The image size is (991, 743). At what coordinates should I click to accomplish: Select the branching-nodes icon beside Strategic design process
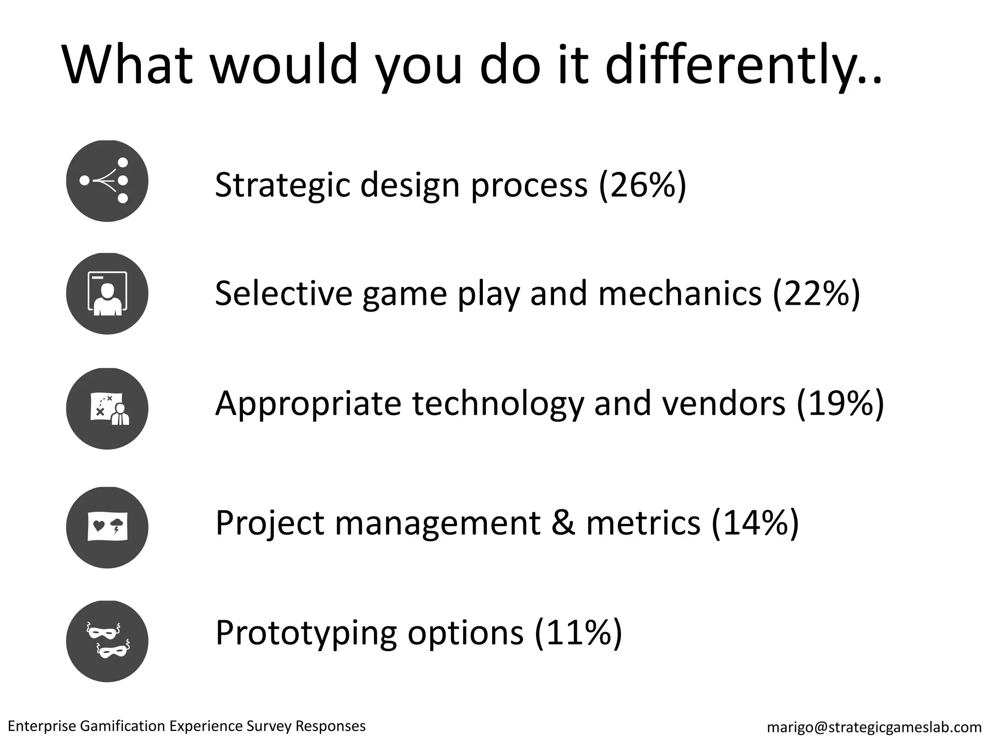107,181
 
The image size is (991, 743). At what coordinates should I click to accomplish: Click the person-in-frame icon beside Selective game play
107,294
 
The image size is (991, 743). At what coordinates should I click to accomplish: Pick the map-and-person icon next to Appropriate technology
107,409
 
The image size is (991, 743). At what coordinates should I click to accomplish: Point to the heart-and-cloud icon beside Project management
107,527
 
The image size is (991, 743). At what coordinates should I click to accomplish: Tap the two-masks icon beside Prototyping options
107,641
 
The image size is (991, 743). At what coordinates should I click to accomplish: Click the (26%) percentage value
643,185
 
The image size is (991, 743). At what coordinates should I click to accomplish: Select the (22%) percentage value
816,294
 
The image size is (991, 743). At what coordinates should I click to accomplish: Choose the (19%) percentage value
841,404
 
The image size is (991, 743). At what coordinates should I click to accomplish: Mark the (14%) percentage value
755,523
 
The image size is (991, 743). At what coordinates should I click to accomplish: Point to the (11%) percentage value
578,632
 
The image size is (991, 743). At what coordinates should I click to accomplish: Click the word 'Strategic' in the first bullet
282,185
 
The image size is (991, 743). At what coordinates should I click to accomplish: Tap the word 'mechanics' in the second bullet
680,294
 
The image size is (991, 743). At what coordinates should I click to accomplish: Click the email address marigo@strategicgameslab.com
874,727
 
